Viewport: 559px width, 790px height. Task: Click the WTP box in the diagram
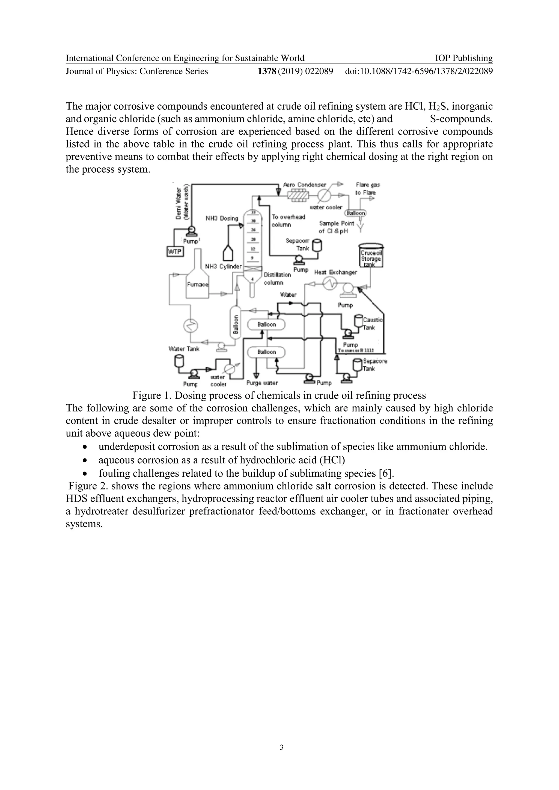175,251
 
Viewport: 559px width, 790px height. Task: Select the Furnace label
198,284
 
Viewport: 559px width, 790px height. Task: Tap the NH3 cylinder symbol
228,254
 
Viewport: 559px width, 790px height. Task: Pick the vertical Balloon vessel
236,322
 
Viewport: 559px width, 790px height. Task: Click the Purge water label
262,383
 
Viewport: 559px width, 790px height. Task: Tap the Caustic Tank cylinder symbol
359,321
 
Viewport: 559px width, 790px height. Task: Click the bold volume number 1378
267,71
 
